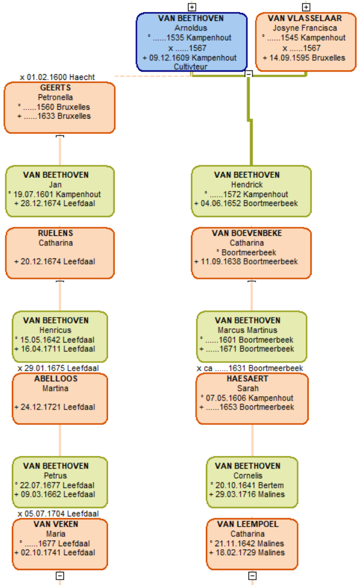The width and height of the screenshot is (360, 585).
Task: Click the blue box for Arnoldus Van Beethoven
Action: [x=192, y=42]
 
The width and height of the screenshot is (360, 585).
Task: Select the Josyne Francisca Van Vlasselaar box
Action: [x=306, y=42]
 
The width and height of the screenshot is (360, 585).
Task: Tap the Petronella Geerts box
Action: [x=60, y=108]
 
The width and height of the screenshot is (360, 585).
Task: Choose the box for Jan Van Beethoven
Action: [x=60, y=192]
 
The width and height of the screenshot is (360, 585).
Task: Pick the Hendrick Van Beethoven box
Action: [x=251, y=192]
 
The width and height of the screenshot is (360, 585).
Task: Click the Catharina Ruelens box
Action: [x=60, y=253]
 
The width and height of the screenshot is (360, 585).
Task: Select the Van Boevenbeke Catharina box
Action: [x=251, y=253]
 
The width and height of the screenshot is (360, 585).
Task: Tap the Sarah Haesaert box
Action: [x=252, y=399]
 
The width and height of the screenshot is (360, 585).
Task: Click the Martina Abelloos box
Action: [x=60, y=399]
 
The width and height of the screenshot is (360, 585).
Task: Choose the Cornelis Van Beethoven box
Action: [x=252, y=482]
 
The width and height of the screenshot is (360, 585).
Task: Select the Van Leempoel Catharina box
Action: [x=252, y=544]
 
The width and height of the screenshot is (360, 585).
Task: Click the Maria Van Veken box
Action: [x=60, y=544]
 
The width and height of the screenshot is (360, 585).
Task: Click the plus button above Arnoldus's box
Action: [x=192, y=7]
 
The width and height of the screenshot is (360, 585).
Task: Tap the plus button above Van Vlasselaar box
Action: [x=306, y=7]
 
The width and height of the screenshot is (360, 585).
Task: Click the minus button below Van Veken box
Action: [x=60, y=575]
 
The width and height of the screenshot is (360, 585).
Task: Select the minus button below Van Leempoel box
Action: [x=253, y=575]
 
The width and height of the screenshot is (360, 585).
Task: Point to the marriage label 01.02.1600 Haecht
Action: [x=57, y=77]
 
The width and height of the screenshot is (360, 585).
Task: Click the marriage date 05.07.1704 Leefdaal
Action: [x=58, y=514]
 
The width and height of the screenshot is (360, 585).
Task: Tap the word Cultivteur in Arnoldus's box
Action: [x=190, y=67]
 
